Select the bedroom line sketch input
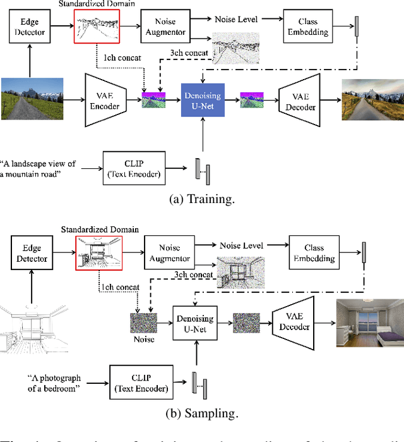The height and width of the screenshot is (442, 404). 32,329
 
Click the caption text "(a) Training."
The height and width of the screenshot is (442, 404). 201,199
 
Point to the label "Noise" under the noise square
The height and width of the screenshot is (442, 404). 143,338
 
